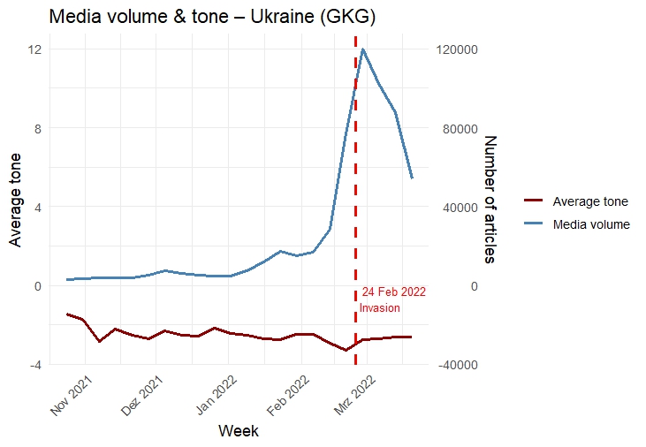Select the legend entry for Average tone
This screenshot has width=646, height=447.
coord(590,201)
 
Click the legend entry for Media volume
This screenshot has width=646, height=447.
coord(590,224)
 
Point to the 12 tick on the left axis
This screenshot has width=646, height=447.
coord(35,49)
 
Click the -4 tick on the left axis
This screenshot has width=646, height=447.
coord(35,365)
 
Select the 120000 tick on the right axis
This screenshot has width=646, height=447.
coord(459,49)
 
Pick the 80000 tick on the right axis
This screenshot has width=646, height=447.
coord(457,128)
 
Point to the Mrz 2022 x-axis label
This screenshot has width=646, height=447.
coord(358,395)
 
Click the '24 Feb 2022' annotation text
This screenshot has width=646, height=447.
coord(394,292)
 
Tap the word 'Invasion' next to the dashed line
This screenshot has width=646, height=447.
coord(380,307)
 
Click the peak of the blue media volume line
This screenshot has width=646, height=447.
coord(363,49)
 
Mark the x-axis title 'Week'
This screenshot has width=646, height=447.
coord(239,431)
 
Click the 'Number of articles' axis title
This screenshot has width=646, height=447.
coord(490,199)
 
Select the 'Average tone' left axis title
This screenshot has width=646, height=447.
coord(14,207)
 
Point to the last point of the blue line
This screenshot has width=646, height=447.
coord(412,178)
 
